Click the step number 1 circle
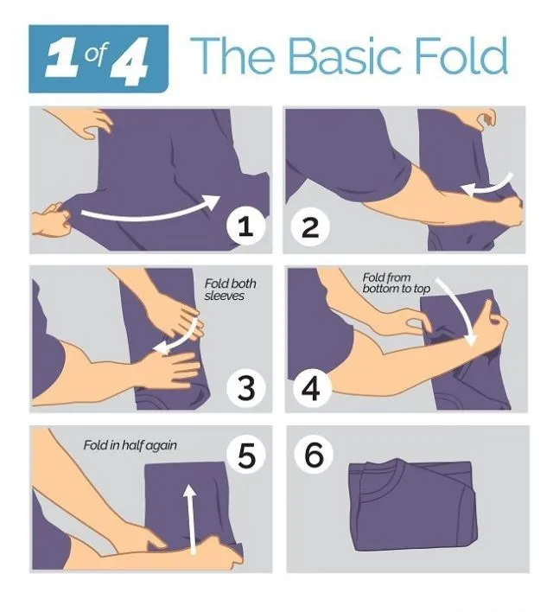coord(246,226)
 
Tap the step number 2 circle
coord(310,226)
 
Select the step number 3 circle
coord(246,387)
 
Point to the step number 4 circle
coord(311,387)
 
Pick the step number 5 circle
coord(246,455)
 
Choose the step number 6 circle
coord(314,455)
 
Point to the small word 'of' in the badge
coord(95,54)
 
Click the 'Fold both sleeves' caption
coord(230,290)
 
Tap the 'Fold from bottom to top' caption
coord(396,283)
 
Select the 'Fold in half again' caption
coord(130,445)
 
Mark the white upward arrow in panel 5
coord(190,518)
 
